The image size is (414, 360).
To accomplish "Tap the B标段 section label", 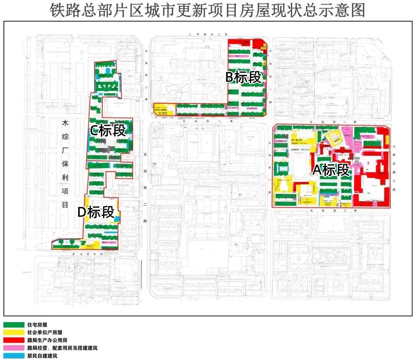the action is pyautogui.click(x=243, y=78).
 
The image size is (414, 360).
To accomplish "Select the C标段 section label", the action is pyautogui.click(x=107, y=131).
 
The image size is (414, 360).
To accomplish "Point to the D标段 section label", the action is pyautogui.click(x=96, y=212).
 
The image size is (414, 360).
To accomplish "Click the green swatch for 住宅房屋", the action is pyautogui.click(x=13, y=324).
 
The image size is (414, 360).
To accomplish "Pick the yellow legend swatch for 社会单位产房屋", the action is pyautogui.click(x=13, y=332).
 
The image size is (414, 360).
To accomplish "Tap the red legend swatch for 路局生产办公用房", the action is pyautogui.click(x=13, y=340).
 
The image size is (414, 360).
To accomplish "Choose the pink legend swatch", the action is pyautogui.click(x=13, y=348).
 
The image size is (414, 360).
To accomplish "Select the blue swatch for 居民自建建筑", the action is pyautogui.click(x=13, y=356).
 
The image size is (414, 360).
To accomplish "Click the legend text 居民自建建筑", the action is pyautogui.click(x=42, y=356).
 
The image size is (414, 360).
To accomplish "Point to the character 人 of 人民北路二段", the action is pyautogui.click(x=395, y=146).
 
